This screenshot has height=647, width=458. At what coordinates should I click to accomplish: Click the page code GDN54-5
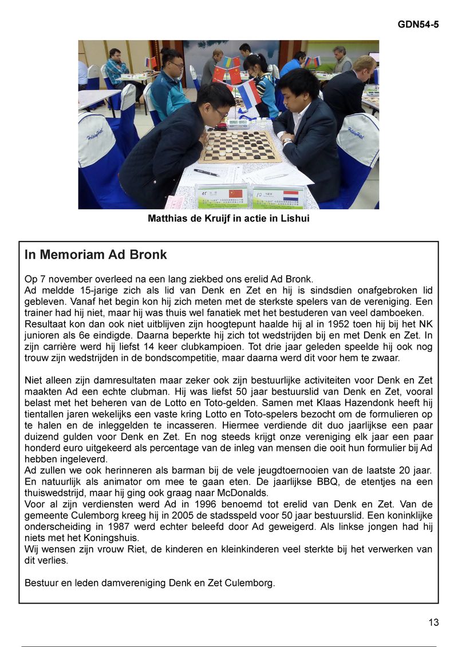[418, 25]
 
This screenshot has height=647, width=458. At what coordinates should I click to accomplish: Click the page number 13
[433, 622]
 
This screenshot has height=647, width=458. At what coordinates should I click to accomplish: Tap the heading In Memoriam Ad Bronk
[96, 255]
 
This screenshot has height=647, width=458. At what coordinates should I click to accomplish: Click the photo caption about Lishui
[228, 219]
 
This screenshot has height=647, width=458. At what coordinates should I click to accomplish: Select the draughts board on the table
[240, 146]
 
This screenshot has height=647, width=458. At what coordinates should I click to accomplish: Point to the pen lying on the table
[206, 172]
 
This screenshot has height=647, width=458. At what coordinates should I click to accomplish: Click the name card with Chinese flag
[222, 197]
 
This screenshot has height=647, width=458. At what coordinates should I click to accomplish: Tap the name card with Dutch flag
[279, 197]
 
